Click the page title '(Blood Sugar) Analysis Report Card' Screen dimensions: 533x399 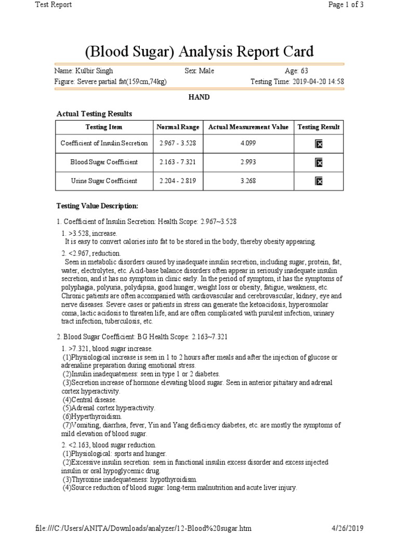tap(199, 52)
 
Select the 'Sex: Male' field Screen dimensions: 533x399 tap(199, 71)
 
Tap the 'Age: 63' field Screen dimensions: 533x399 tap(299, 71)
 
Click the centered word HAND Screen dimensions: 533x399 tap(199, 97)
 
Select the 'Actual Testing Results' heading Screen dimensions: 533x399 tap(94, 113)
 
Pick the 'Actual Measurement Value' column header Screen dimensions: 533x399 tap(248, 127)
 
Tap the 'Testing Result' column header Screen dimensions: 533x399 tap(318, 127)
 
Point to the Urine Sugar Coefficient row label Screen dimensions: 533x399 tap(104, 181)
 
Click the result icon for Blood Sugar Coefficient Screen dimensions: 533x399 tap(319, 163)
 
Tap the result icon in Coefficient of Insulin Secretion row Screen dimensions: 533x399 tap(319, 144)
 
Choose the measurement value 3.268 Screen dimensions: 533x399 tap(248, 181)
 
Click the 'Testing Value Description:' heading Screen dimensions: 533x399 tap(97, 206)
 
